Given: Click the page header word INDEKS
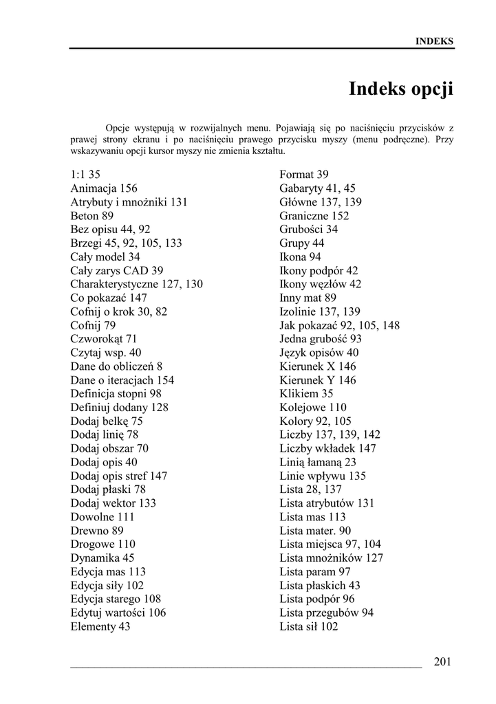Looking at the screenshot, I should (x=434, y=41).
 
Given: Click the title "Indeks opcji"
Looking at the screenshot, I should (x=401, y=89).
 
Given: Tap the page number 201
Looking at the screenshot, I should (x=443, y=662).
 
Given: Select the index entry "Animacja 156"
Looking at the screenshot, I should (x=104, y=188).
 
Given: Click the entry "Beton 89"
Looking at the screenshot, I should (x=92, y=216).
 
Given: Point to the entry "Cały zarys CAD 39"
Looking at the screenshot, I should (x=117, y=271).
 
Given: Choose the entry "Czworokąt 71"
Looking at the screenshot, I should (x=104, y=339).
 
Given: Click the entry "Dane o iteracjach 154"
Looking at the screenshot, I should (x=122, y=380).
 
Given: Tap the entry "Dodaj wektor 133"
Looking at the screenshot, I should (x=114, y=503).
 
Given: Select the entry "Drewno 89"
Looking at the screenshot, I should (x=97, y=531).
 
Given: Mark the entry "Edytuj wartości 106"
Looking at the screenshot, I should (x=118, y=613).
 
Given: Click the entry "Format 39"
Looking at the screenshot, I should (x=304, y=175).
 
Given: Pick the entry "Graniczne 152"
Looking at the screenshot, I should (x=314, y=216).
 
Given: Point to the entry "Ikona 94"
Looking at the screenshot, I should (x=301, y=257).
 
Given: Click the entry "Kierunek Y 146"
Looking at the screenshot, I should (x=318, y=380).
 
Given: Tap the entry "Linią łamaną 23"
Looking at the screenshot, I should (x=318, y=462).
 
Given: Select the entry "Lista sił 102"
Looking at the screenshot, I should (x=309, y=626).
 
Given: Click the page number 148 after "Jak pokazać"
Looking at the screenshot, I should (x=391, y=325).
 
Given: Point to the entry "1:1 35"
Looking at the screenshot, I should (x=85, y=175).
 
